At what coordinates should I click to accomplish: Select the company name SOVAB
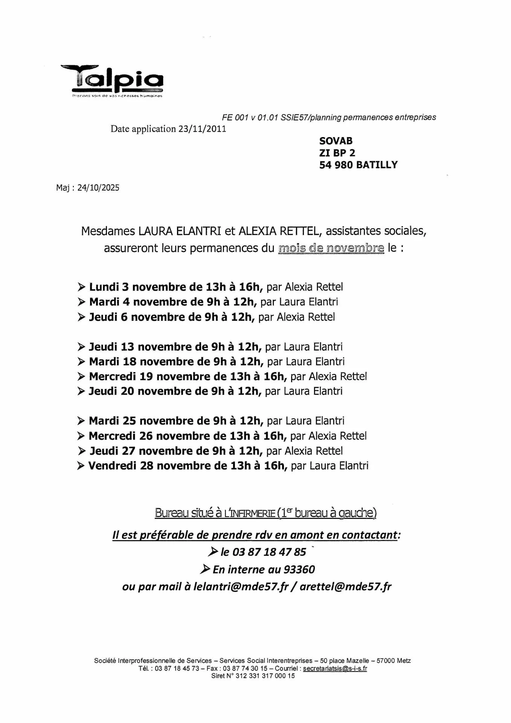point(336,141)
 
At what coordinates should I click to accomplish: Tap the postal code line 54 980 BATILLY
point(358,165)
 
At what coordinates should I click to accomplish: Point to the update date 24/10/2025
point(98,188)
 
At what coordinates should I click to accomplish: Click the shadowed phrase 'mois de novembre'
point(331,249)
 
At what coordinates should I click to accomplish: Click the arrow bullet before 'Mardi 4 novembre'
point(81,302)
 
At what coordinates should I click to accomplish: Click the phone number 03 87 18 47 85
point(269,552)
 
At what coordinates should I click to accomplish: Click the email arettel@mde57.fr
point(345,587)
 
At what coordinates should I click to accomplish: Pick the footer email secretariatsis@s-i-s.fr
point(335,668)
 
